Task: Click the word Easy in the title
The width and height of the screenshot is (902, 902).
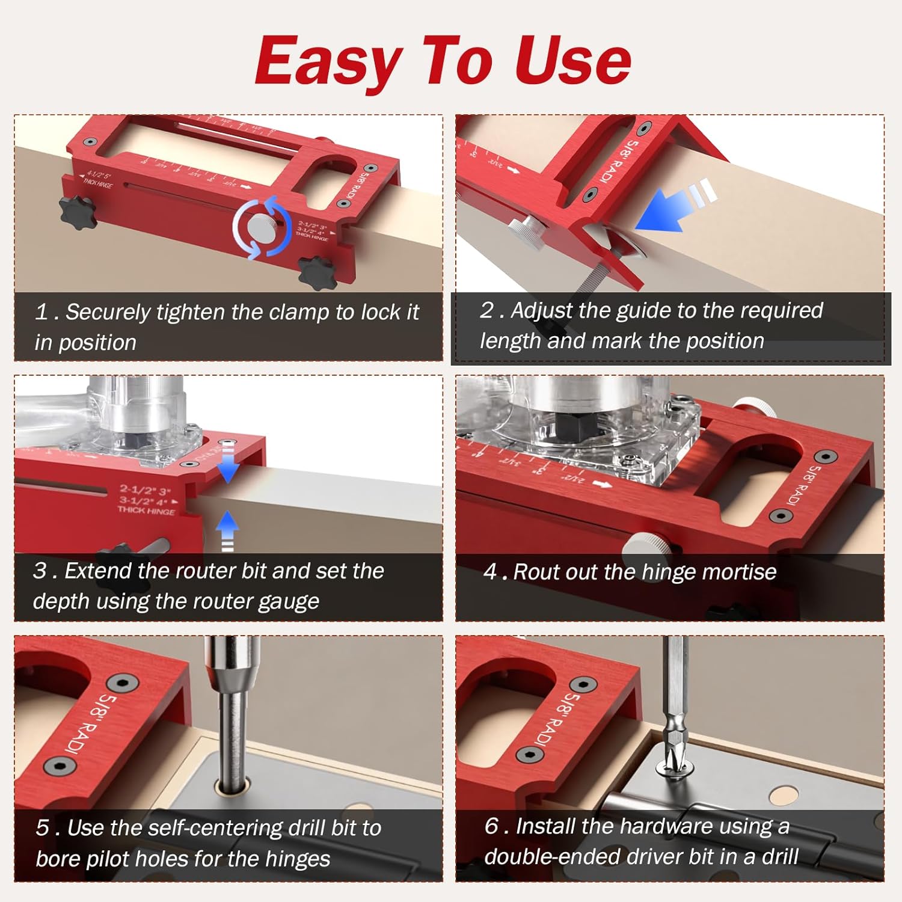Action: point(328,61)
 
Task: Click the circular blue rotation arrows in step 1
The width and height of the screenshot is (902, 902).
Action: point(263,227)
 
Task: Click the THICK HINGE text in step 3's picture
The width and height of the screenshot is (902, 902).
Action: point(146,510)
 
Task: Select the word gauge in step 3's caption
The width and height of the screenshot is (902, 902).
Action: point(289,602)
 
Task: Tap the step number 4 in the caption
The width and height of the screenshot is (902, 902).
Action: point(491,572)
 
